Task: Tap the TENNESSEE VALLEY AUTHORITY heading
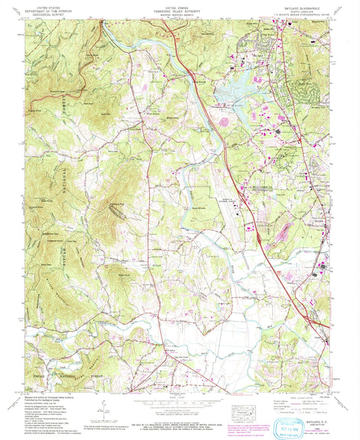pos(180,7)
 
